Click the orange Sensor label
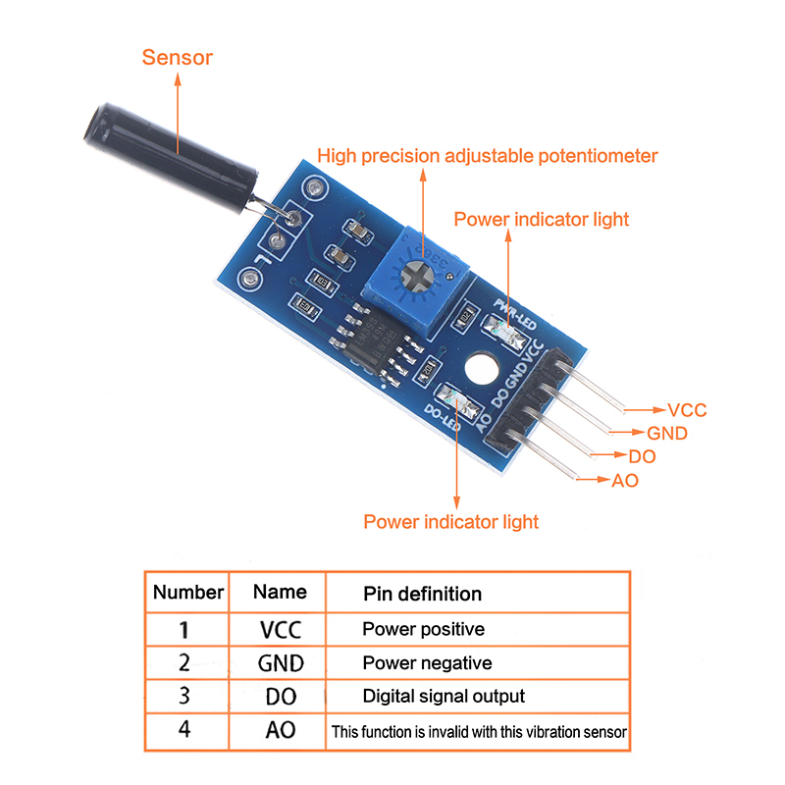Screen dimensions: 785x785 tap(177, 57)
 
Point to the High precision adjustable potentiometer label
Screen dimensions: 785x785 tap(488, 156)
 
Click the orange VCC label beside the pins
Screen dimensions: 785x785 tap(686, 410)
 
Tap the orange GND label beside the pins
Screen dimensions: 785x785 tap(666, 433)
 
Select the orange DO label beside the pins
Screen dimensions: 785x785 tap(643, 456)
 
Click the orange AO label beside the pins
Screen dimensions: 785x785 tap(625, 481)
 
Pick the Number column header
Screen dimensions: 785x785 tap(188, 593)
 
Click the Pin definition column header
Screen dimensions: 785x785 tap(422, 594)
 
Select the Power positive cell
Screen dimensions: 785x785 tap(423, 629)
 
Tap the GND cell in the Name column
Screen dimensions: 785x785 tap(281, 663)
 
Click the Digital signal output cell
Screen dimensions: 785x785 tap(444, 697)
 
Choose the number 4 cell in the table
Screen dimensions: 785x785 tap(185, 731)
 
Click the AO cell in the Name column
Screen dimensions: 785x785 tap(281, 731)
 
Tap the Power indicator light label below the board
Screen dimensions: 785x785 tap(450, 522)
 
